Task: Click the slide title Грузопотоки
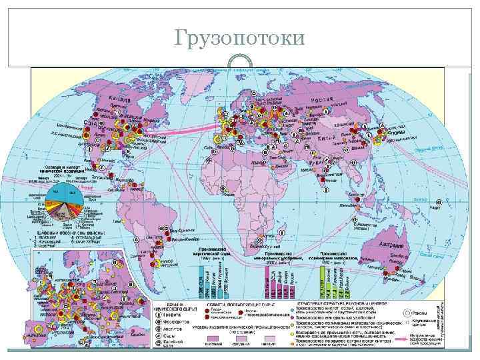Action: tap(239, 38)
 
